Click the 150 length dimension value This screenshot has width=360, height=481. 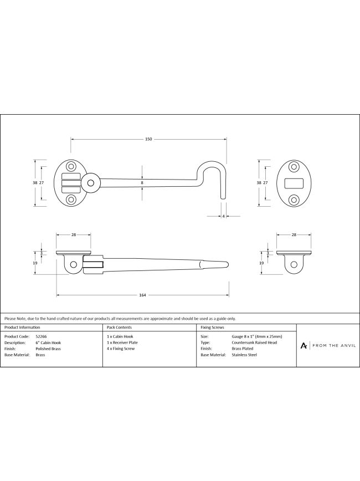tap(148, 139)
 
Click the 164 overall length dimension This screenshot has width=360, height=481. tap(143, 295)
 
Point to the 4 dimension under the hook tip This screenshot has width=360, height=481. tap(223, 217)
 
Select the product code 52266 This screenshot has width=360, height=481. tap(40, 336)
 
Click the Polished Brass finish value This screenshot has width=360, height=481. tap(48, 349)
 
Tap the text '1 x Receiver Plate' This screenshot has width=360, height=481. tap(122, 342)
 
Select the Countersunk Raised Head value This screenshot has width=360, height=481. tap(254, 342)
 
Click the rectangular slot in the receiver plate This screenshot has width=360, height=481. tap(294, 183)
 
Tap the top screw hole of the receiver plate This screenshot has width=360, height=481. tap(294, 167)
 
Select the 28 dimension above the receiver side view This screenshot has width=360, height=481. tap(294, 235)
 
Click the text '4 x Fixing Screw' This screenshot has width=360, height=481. tap(121, 349)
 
